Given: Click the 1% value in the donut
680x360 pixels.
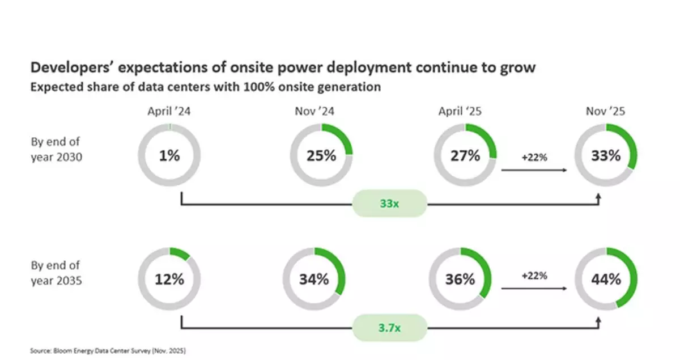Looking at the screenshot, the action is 169,155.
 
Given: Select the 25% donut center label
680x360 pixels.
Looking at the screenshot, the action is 321,155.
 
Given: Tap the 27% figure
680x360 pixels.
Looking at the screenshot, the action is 465,155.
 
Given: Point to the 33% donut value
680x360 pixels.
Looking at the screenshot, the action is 606,155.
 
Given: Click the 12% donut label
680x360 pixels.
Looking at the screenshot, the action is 169,279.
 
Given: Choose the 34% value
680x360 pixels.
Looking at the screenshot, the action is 314,279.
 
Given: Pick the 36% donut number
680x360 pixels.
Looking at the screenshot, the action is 460,279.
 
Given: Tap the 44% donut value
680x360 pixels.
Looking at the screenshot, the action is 606,279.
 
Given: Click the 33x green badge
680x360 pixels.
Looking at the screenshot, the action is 389,203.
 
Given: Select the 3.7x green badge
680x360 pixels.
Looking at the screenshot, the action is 389,328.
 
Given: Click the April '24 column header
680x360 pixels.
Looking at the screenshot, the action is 169,111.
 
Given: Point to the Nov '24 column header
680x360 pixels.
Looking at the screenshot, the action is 314,111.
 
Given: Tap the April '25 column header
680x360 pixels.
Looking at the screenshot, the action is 460,111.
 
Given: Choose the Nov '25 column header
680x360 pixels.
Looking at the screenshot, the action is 605,111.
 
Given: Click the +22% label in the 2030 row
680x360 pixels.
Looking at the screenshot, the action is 534,158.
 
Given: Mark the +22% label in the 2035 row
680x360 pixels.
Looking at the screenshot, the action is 534,276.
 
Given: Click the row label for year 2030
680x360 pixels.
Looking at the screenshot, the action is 57,149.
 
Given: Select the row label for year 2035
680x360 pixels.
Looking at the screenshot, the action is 57,273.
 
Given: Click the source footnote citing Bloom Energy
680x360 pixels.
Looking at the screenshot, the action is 108,351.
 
